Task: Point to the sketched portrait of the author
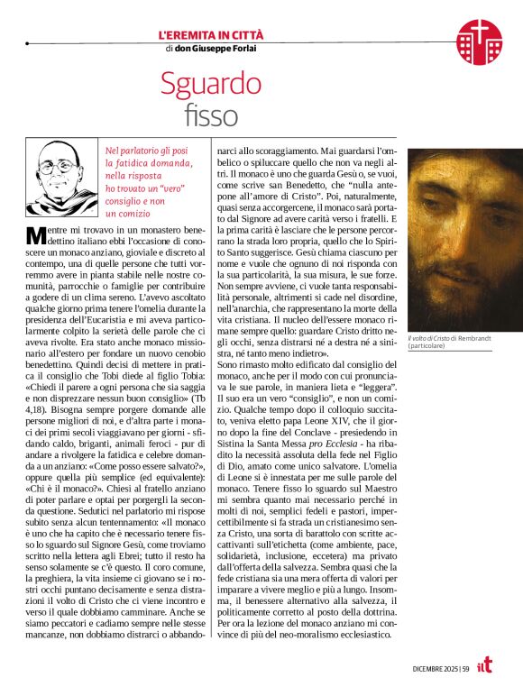(63, 176)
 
